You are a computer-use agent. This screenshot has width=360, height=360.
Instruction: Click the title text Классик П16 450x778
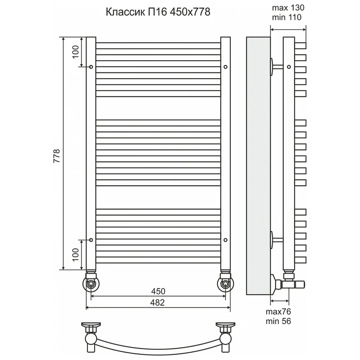pyautogui.click(x=158, y=12)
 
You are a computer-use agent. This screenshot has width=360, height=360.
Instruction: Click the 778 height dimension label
pyautogui.click(x=57, y=156)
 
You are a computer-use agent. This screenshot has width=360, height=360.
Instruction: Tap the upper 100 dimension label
pyautogui.click(x=75, y=52)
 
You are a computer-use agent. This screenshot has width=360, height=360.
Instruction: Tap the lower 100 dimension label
pyautogui.click(x=75, y=255)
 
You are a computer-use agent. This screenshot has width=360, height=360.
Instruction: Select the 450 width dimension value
pyautogui.click(x=158, y=292)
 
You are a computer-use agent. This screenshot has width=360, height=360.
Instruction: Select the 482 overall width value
pyautogui.click(x=157, y=302)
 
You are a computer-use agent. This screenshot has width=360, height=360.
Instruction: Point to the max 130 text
pyautogui.click(x=288, y=8)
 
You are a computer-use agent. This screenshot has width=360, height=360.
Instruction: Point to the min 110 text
pyautogui.click(x=287, y=17)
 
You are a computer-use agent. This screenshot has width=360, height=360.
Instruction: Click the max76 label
pyautogui.click(x=278, y=312)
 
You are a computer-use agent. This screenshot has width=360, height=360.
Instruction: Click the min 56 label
pyautogui.click(x=278, y=321)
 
